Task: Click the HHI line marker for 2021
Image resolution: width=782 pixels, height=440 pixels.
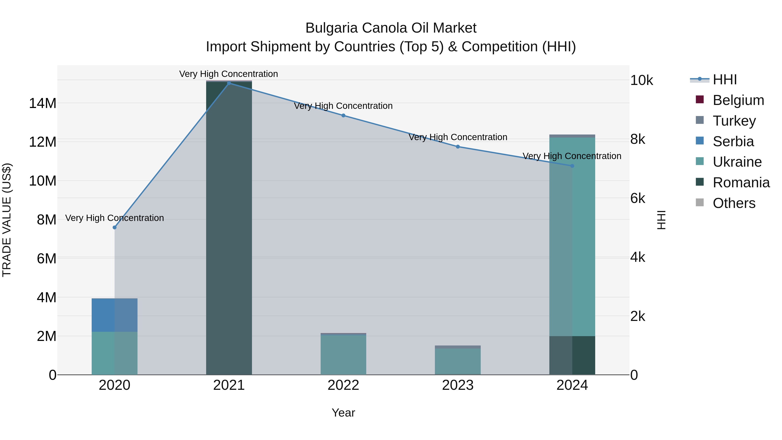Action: (229, 83)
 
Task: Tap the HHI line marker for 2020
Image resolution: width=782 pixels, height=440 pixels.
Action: (114, 227)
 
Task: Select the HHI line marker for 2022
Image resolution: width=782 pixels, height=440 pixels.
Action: (343, 115)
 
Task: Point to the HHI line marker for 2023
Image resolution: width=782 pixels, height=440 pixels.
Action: (458, 147)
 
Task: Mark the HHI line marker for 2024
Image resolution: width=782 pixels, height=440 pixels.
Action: (572, 166)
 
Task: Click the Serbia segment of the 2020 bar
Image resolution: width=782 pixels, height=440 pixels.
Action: (114, 315)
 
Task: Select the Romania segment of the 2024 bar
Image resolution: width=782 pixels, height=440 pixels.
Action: (572, 355)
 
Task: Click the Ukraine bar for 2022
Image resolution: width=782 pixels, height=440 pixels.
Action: (343, 355)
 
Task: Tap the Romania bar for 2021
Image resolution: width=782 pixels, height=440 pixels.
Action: (229, 228)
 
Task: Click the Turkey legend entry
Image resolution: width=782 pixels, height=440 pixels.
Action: (734, 121)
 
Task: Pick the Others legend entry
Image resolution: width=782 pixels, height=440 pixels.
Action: (734, 203)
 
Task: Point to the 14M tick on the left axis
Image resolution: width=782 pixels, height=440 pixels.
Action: (43, 103)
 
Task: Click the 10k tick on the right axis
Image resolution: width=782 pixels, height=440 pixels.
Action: (641, 80)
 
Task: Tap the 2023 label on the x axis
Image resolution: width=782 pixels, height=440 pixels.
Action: (458, 385)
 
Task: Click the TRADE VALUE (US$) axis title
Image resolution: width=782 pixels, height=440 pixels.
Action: (7, 220)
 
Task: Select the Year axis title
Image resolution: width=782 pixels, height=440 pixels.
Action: (343, 413)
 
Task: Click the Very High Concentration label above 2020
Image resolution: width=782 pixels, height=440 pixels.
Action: (114, 218)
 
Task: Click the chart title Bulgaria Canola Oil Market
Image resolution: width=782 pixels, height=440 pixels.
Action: (391, 28)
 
